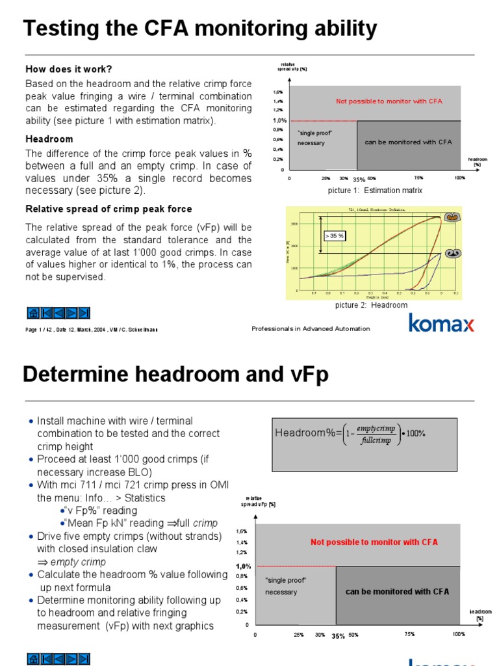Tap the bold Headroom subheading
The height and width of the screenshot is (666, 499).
(x=49, y=139)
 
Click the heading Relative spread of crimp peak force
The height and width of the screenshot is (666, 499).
(x=109, y=209)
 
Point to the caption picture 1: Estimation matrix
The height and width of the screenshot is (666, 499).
(x=375, y=191)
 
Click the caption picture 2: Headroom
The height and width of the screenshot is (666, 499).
(x=371, y=305)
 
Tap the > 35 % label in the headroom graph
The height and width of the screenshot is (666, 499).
(x=334, y=235)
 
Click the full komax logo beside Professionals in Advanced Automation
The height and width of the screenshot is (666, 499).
(x=441, y=323)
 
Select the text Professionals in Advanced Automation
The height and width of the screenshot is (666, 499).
(x=311, y=329)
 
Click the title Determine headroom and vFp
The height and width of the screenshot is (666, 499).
(x=175, y=375)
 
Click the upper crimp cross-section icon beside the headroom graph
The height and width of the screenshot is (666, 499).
(x=452, y=218)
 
